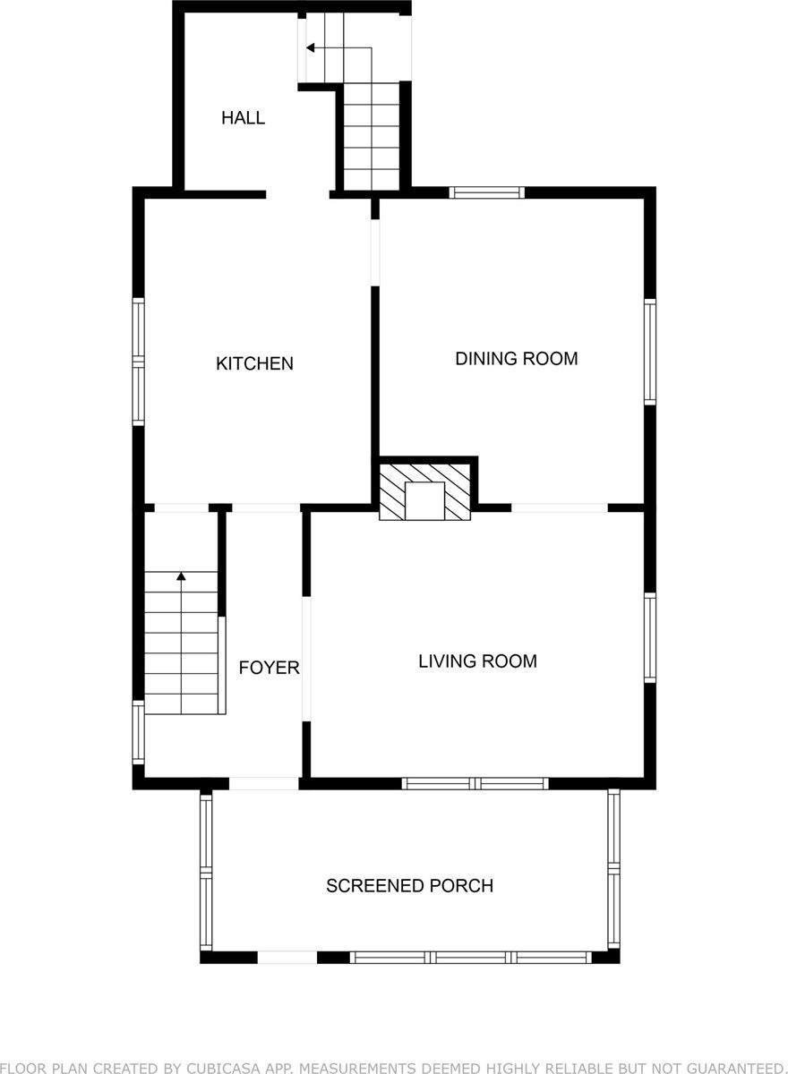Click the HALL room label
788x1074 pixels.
243,118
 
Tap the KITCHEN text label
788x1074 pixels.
254,363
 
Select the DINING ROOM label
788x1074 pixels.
516,359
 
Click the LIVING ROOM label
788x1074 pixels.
477,661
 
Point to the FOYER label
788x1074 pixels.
269,668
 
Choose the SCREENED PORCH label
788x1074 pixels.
409,886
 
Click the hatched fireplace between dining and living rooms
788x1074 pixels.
424,490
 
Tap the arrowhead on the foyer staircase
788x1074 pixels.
182,577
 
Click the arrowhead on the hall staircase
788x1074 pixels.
310,47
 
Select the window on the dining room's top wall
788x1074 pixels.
486,192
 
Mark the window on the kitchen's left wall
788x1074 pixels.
139,361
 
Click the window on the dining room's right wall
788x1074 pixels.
650,351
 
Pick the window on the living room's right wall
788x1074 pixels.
650,637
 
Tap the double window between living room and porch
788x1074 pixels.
475,783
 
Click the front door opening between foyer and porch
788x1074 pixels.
263,783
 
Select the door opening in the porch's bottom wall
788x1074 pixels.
287,957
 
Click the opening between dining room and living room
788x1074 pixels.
559,507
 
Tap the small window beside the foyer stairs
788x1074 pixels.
139,731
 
